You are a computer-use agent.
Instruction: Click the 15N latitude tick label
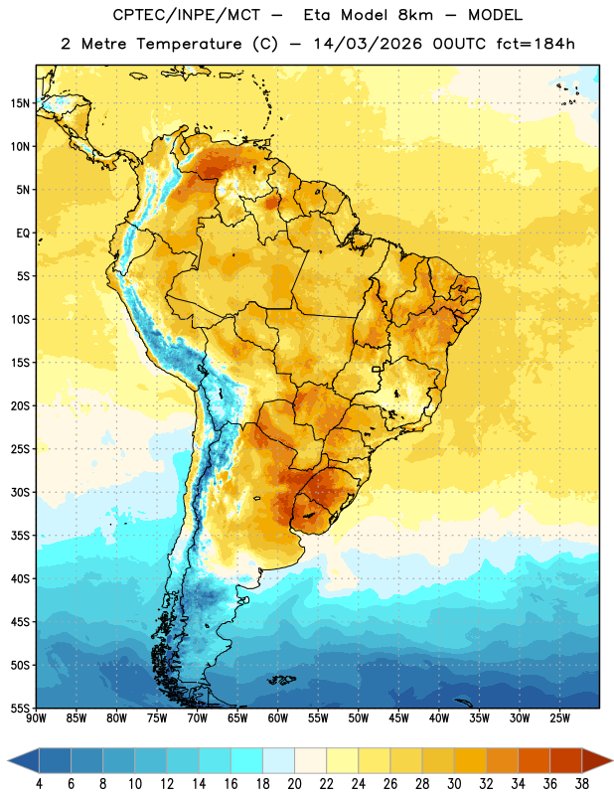20,103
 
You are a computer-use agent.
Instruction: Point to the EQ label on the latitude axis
23,234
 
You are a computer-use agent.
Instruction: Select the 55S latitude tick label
20,708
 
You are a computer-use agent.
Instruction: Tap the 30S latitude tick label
20,492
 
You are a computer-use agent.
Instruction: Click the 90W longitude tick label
36,718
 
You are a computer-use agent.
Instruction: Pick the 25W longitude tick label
559,718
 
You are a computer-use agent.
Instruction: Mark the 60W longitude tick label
278,718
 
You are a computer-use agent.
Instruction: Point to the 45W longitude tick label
398,718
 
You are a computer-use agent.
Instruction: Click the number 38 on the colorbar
582,784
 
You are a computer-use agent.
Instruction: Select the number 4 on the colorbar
39,784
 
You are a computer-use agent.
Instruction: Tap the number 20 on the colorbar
294,784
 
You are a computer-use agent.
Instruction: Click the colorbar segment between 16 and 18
247,760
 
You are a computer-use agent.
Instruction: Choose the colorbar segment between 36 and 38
566,760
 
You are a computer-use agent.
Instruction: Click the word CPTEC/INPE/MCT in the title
187,15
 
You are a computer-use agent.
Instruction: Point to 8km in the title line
415,15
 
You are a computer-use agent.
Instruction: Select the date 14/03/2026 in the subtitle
368,44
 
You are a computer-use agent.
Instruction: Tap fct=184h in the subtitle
536,44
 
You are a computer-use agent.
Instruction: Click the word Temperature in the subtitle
189,45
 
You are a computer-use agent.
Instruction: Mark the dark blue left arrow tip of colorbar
9,760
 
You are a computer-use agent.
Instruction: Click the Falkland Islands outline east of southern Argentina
281,680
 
